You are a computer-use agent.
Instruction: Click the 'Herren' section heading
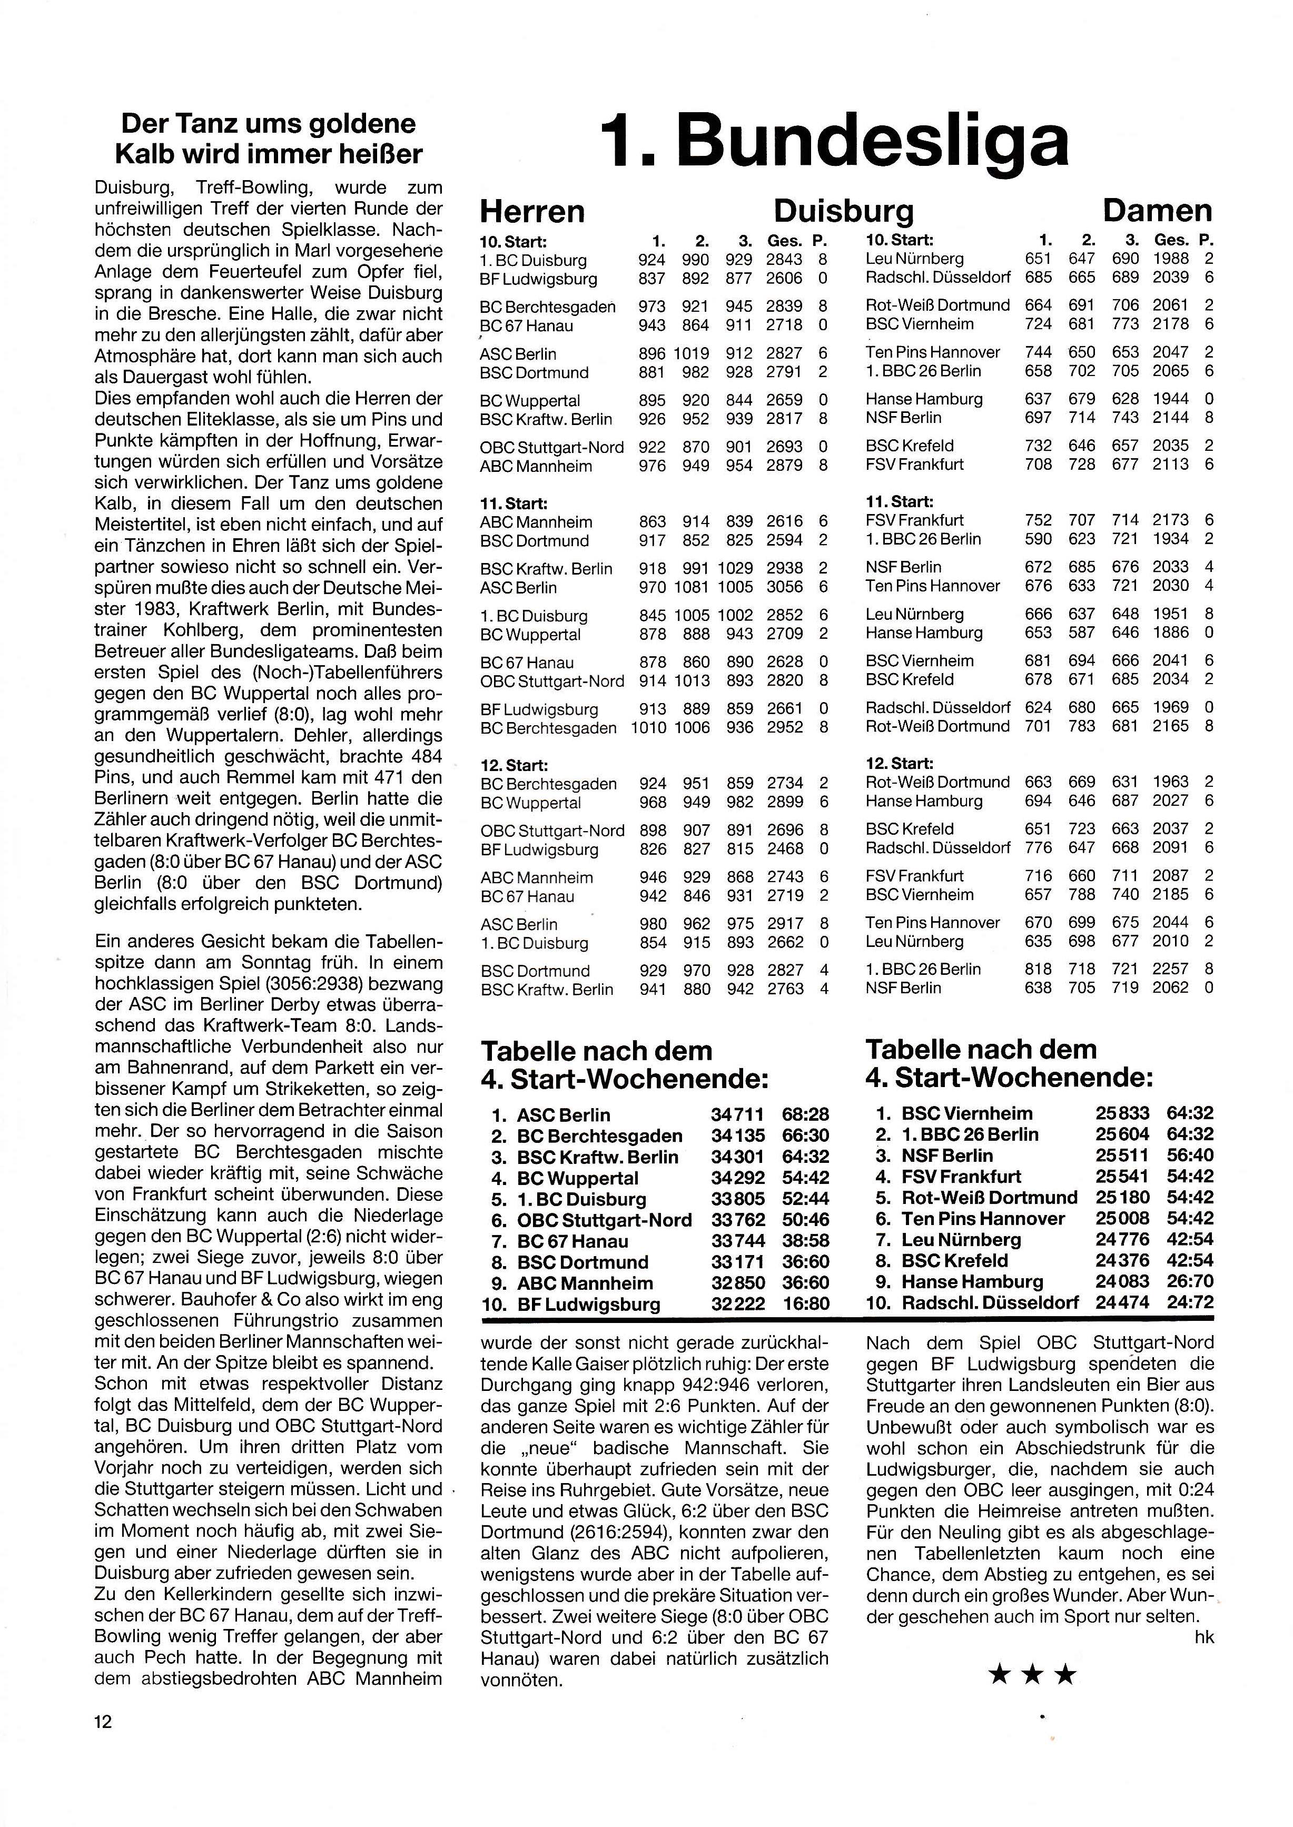532,212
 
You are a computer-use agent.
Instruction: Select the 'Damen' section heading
1157,211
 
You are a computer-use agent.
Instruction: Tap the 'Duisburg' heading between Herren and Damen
843,212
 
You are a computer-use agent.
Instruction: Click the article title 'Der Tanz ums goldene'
268,124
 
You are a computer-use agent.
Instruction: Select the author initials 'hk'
1205,1637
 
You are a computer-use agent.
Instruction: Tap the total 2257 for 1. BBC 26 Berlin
1170,969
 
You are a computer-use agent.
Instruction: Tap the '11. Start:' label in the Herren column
514,503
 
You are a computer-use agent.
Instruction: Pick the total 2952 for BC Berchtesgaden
784,728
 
